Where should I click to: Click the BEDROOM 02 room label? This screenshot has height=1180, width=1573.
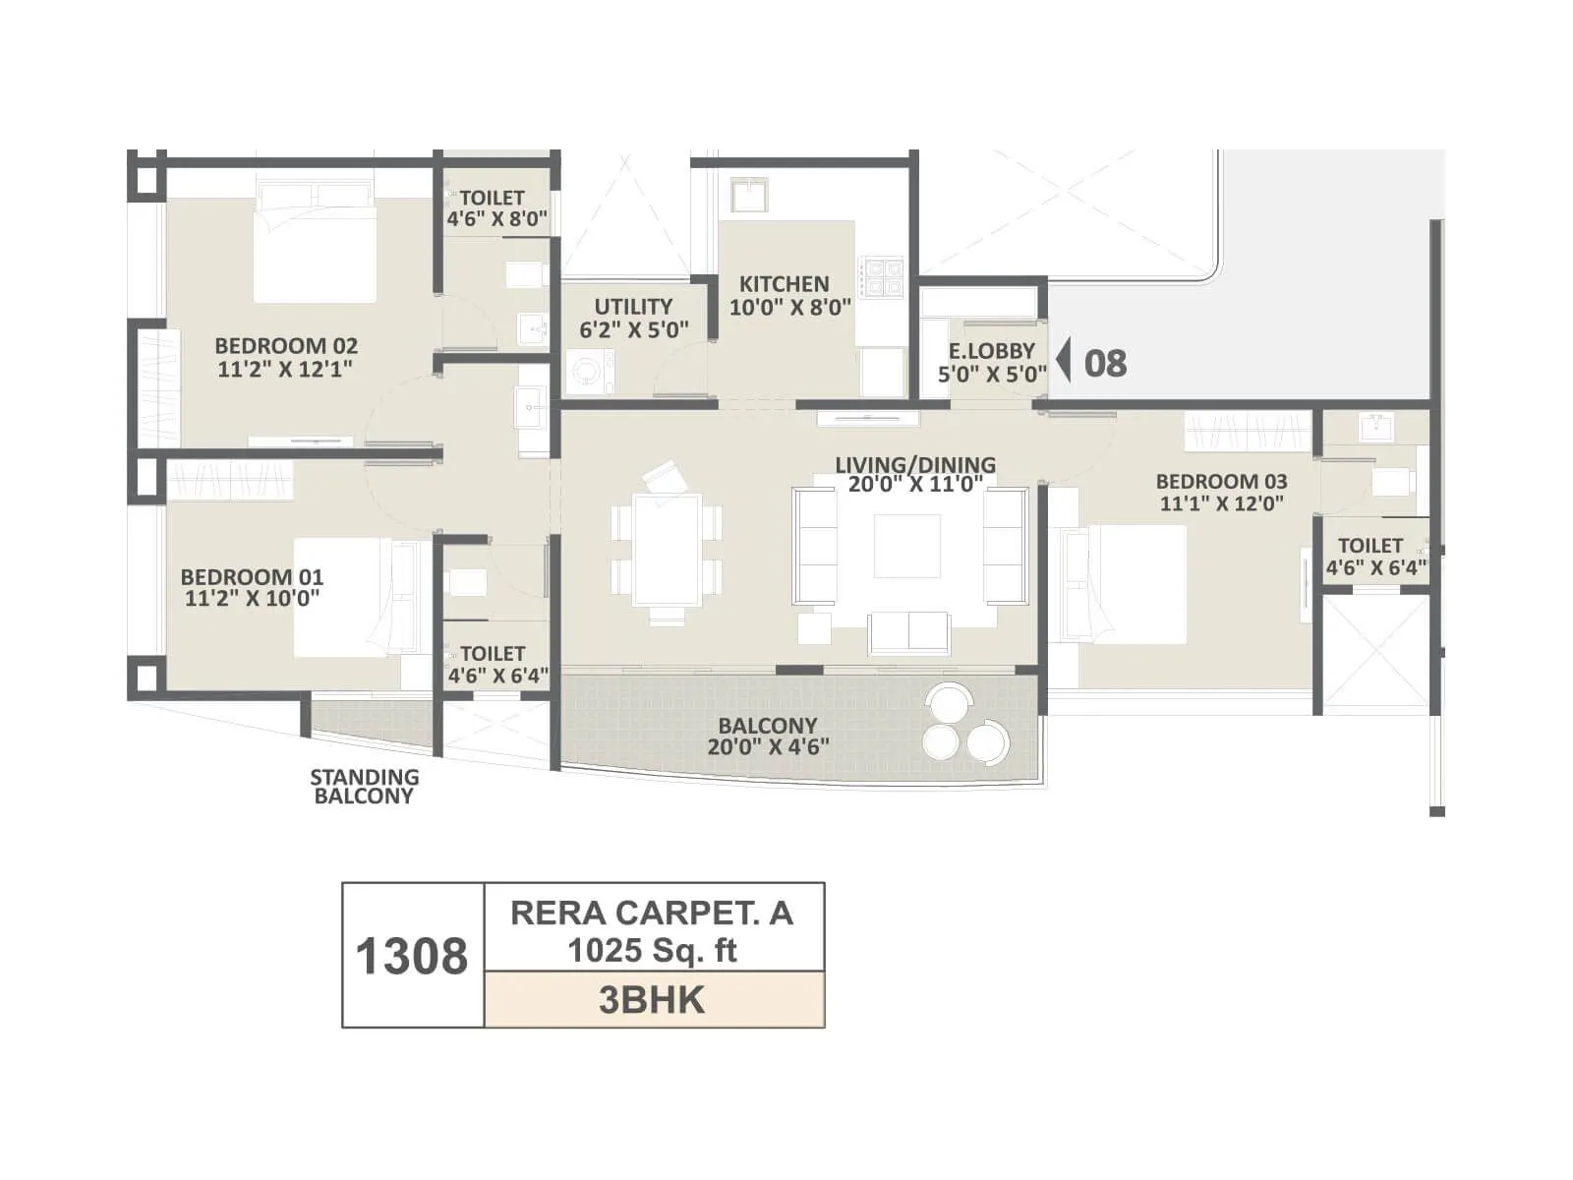click(x=286, y=357)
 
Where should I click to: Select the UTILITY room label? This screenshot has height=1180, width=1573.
click(x=633, y=318)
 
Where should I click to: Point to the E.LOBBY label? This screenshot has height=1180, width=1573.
click(x=991, y=362)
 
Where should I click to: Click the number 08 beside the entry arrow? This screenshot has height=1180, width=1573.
click(x=1105, y=363)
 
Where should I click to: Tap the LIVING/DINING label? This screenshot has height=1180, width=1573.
click(x=915, y=473)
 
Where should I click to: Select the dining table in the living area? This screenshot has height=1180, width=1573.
click(x=667, y=551)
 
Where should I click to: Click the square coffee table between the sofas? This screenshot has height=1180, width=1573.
click(x=906, y=546)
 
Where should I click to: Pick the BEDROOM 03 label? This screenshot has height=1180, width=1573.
click(x=1221, y=492)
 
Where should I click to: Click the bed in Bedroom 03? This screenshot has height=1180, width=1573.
click(x=1131, y=585)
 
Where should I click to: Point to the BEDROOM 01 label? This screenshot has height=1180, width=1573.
click(x=252, y=587)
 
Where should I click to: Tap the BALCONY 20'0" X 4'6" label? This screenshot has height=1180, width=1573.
click(x=768, y=736)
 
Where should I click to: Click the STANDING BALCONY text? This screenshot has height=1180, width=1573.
click(x=364, y=787)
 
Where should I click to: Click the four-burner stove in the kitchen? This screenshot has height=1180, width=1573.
click(x=881, y=277)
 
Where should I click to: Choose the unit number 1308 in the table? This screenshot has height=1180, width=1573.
click(x=412, y=956)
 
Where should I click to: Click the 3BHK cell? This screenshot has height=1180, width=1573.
click(x=653, y=1000)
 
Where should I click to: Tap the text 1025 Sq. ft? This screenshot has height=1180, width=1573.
click(x=653, y=951)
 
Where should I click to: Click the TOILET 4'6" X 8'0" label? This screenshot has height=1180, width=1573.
click(x=495, y=208)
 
